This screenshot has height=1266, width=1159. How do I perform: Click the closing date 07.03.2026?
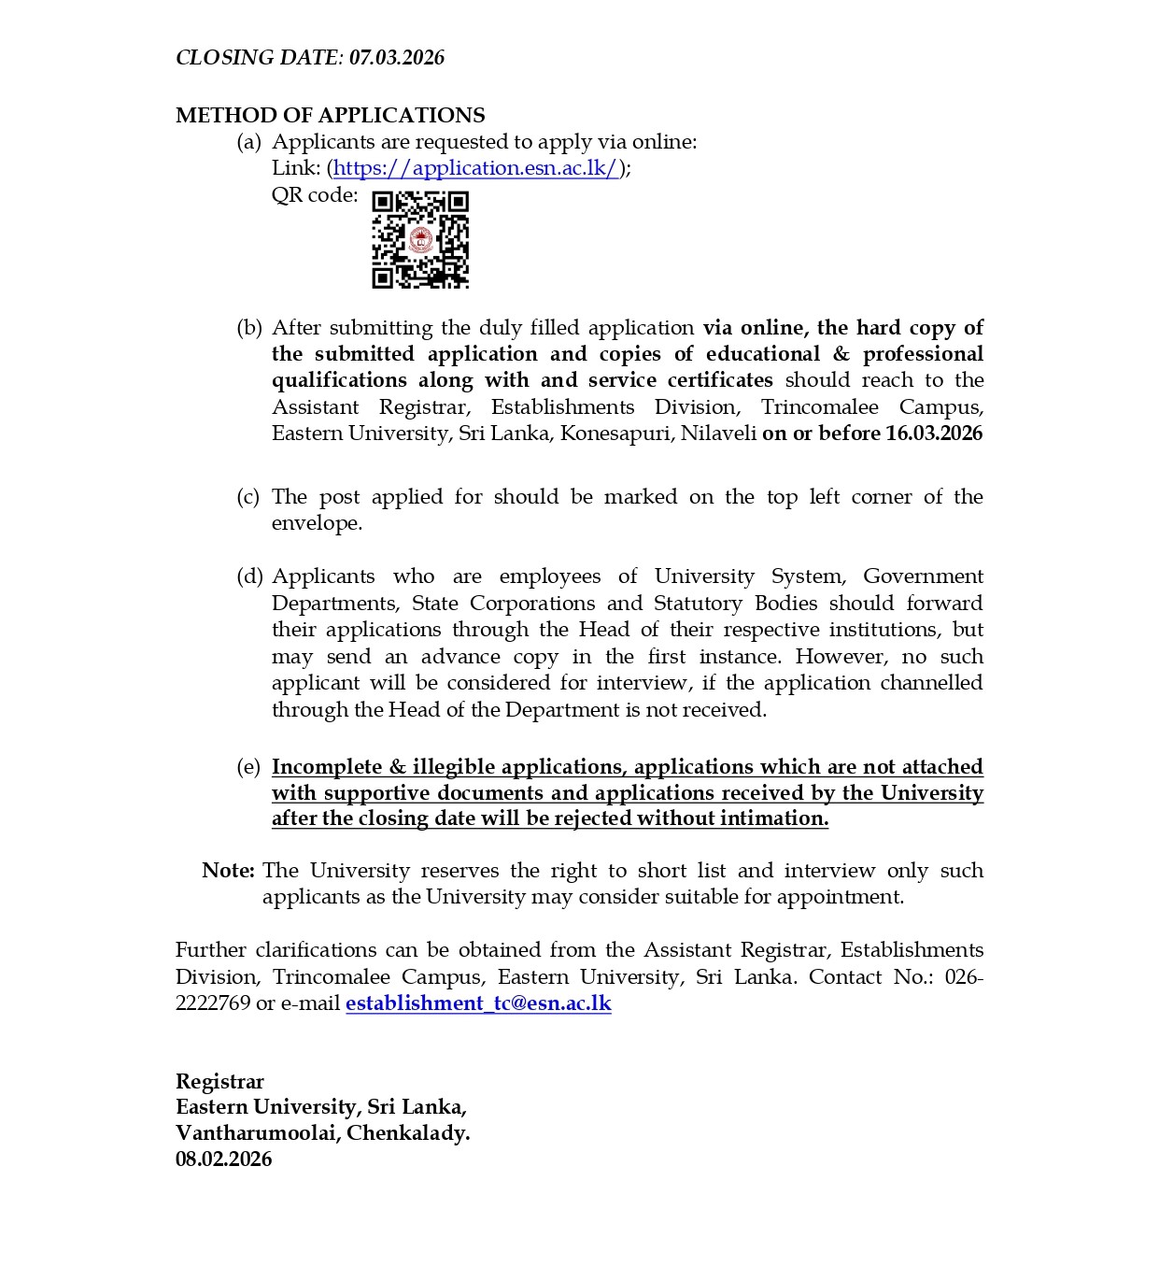(x=397, y=58)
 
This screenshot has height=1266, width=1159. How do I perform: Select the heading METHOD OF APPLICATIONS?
(x=330, y=115)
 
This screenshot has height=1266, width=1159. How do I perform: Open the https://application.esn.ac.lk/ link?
(x=476, y=168)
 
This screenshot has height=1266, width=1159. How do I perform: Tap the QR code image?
(x=420, y=240)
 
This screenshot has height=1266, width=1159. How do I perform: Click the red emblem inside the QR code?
(x=420, y=241)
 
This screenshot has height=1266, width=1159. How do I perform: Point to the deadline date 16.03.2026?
(x=934, y=434)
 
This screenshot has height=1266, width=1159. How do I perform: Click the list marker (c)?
(x=247, y=497)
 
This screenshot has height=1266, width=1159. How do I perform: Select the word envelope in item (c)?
(x=315, y=523)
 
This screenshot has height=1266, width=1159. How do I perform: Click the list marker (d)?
(x=249, y=576)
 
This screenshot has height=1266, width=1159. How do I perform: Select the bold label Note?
(x=228, y=871)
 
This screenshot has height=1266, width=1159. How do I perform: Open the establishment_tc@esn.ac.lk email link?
(x=478, y=1003)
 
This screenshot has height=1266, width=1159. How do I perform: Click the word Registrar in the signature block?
(x=219, y=1081)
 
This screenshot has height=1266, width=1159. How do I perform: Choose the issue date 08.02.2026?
(x=223, y=1159)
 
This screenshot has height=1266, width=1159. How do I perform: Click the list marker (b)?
(x=248, y=328)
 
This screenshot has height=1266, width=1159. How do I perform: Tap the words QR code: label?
(x=315, y=195)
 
